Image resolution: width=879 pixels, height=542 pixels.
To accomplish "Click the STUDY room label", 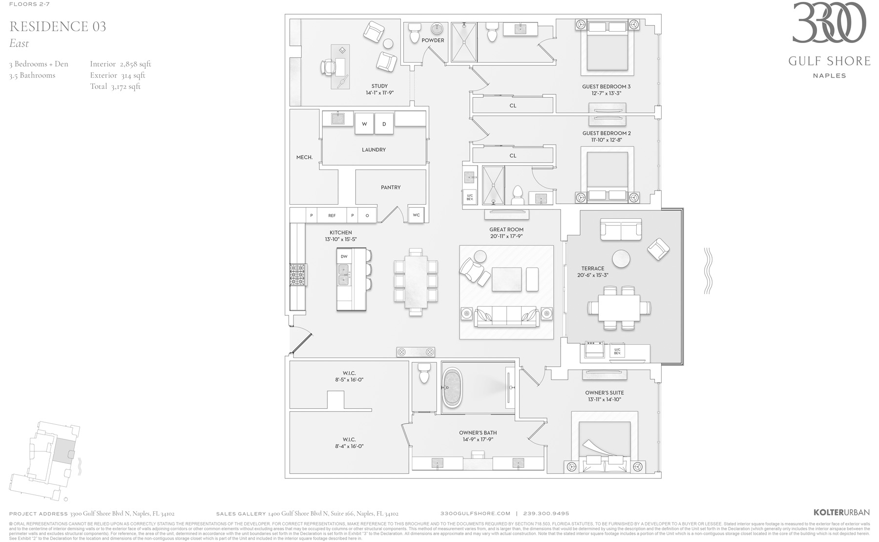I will coord(379,86).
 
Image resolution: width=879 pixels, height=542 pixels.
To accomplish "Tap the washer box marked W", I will coord(364,124).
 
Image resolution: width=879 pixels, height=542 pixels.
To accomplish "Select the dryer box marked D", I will coord(384,124).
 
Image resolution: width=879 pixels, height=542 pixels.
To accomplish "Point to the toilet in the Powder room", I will coord(415,34).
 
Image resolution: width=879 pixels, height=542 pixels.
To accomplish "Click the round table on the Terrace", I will coord(621,259).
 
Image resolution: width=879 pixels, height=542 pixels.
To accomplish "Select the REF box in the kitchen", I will coord(332,215).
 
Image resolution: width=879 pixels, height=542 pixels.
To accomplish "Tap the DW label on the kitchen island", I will coord(344,256).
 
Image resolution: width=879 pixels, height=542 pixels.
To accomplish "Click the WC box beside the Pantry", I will coord(416,215).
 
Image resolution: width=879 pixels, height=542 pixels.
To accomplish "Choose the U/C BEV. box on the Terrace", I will coord(617,351).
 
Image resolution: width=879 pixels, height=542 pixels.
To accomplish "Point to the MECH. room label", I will coord(304,157).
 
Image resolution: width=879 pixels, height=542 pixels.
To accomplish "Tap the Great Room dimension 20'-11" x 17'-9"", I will coord(506,236).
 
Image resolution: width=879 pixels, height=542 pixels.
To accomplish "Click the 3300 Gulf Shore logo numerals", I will coord(829,23).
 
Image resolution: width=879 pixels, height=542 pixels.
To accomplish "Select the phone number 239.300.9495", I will coord(546,513).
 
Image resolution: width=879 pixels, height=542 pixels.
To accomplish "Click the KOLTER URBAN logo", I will coord(841,513).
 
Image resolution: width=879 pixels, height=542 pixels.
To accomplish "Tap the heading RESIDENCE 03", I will coord(58,26).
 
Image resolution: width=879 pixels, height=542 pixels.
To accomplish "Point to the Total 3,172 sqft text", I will coord(115,86).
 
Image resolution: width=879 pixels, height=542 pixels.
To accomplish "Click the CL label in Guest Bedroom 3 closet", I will coord(513,105).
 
